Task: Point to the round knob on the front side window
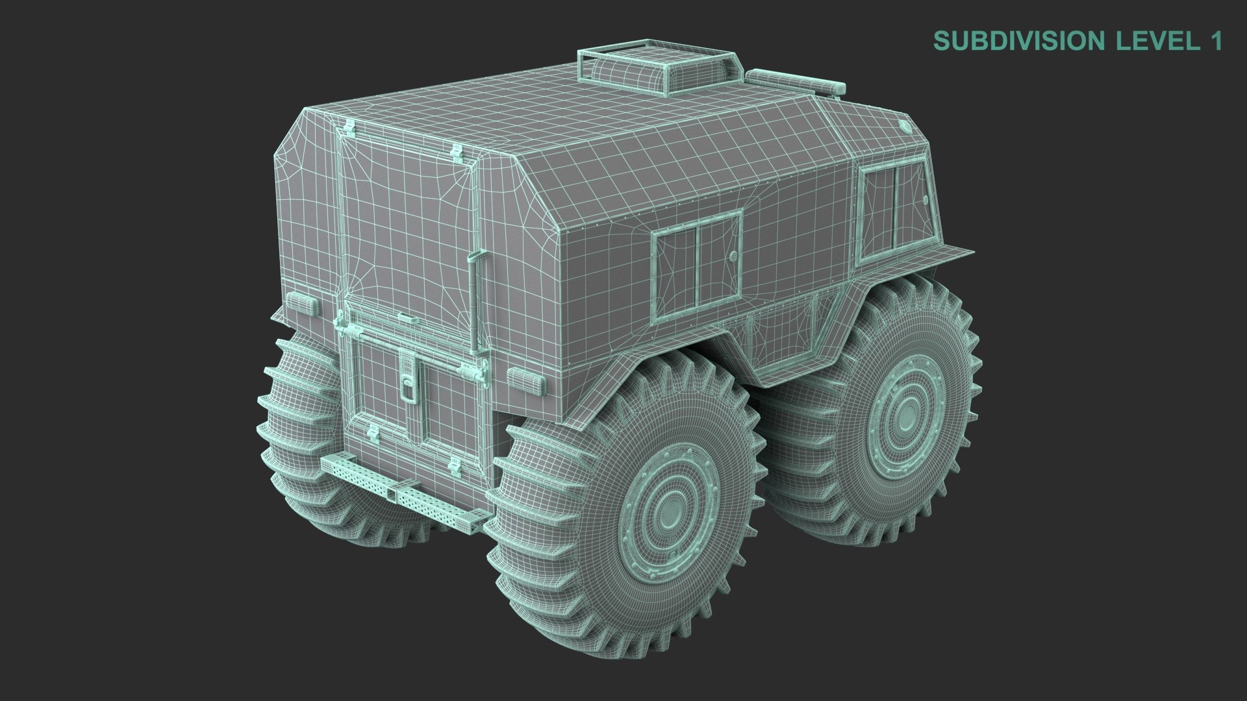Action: click(924, 199)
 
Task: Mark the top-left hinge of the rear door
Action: click(349, 128)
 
